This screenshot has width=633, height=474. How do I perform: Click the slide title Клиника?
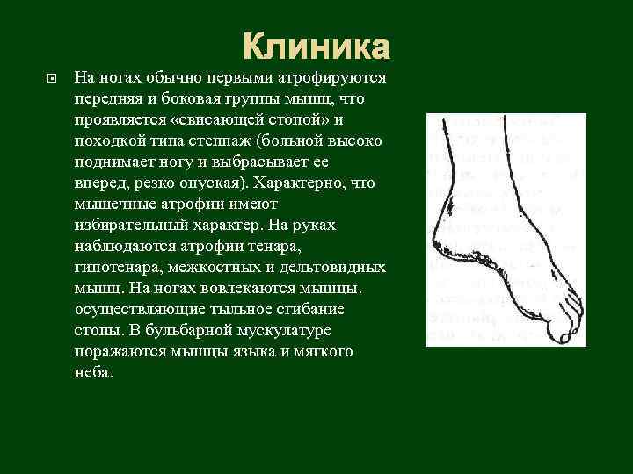click(316, 46)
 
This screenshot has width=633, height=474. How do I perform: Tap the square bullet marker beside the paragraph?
click(51, 78)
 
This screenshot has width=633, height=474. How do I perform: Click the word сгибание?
click(312, 308)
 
